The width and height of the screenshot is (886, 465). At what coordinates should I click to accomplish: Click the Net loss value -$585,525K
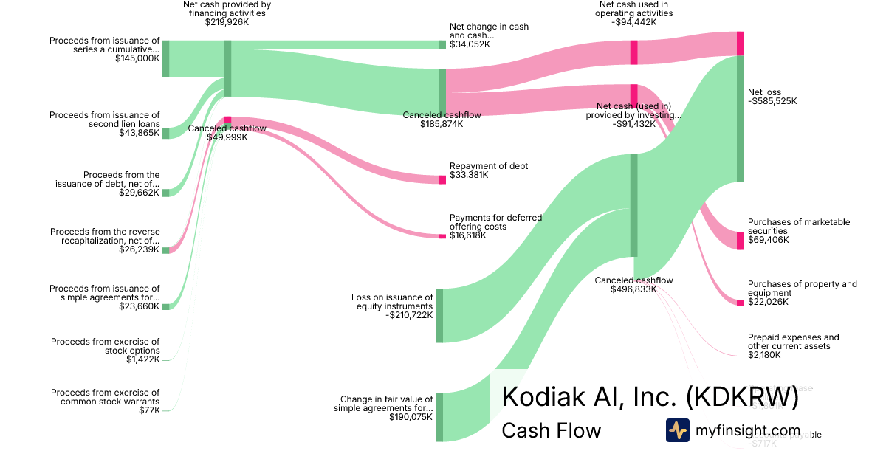point(772,102)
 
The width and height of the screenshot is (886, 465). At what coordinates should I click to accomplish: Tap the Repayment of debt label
point(489,166)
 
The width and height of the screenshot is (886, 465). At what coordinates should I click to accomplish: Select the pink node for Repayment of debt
point(442,179)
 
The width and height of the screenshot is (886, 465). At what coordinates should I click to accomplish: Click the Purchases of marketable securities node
point(740,241)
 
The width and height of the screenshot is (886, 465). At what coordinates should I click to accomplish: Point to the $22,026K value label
point(768,302)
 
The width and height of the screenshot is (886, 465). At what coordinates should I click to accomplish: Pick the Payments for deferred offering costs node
point(442,235)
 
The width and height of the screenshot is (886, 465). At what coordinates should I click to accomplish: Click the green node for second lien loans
point(166,133)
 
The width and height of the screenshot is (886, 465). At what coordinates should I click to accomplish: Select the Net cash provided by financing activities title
point(227,9)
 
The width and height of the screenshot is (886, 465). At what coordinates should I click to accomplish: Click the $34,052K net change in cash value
point(470,44)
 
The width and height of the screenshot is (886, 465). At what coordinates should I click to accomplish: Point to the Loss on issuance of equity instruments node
point(439,315)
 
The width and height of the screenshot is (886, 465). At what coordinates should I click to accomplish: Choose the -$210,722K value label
point(409,316)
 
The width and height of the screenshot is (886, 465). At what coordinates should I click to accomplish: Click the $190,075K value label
point(411,417)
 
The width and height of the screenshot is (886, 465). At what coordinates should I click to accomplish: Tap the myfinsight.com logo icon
point(677,430)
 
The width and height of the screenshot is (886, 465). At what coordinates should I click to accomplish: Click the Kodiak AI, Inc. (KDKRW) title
point(650,396)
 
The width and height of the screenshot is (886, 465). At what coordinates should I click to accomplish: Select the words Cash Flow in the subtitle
point(551,430)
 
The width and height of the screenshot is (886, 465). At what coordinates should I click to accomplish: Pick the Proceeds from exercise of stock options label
point(105,346)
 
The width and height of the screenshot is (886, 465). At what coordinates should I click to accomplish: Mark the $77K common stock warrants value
point(149,410)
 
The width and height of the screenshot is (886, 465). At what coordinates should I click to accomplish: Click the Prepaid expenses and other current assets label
point(793,342)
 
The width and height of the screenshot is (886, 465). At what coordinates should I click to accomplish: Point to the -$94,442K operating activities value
point(634,22)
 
